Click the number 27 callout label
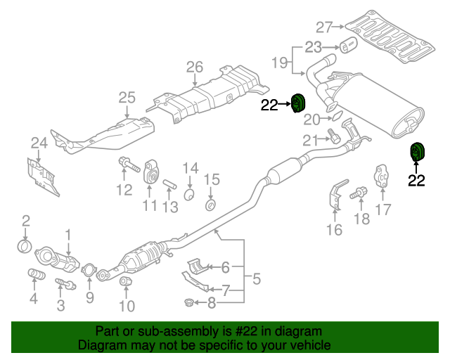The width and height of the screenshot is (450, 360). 323,27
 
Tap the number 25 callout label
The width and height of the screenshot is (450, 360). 126,98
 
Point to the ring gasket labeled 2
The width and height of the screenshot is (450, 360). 25,246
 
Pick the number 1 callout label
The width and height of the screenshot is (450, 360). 69,233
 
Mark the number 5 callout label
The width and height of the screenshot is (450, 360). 256,279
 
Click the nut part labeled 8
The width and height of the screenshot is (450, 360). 188,303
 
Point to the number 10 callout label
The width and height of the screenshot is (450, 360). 127,306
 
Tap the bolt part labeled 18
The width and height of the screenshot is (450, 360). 358,191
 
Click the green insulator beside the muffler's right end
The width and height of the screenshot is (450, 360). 418,151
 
